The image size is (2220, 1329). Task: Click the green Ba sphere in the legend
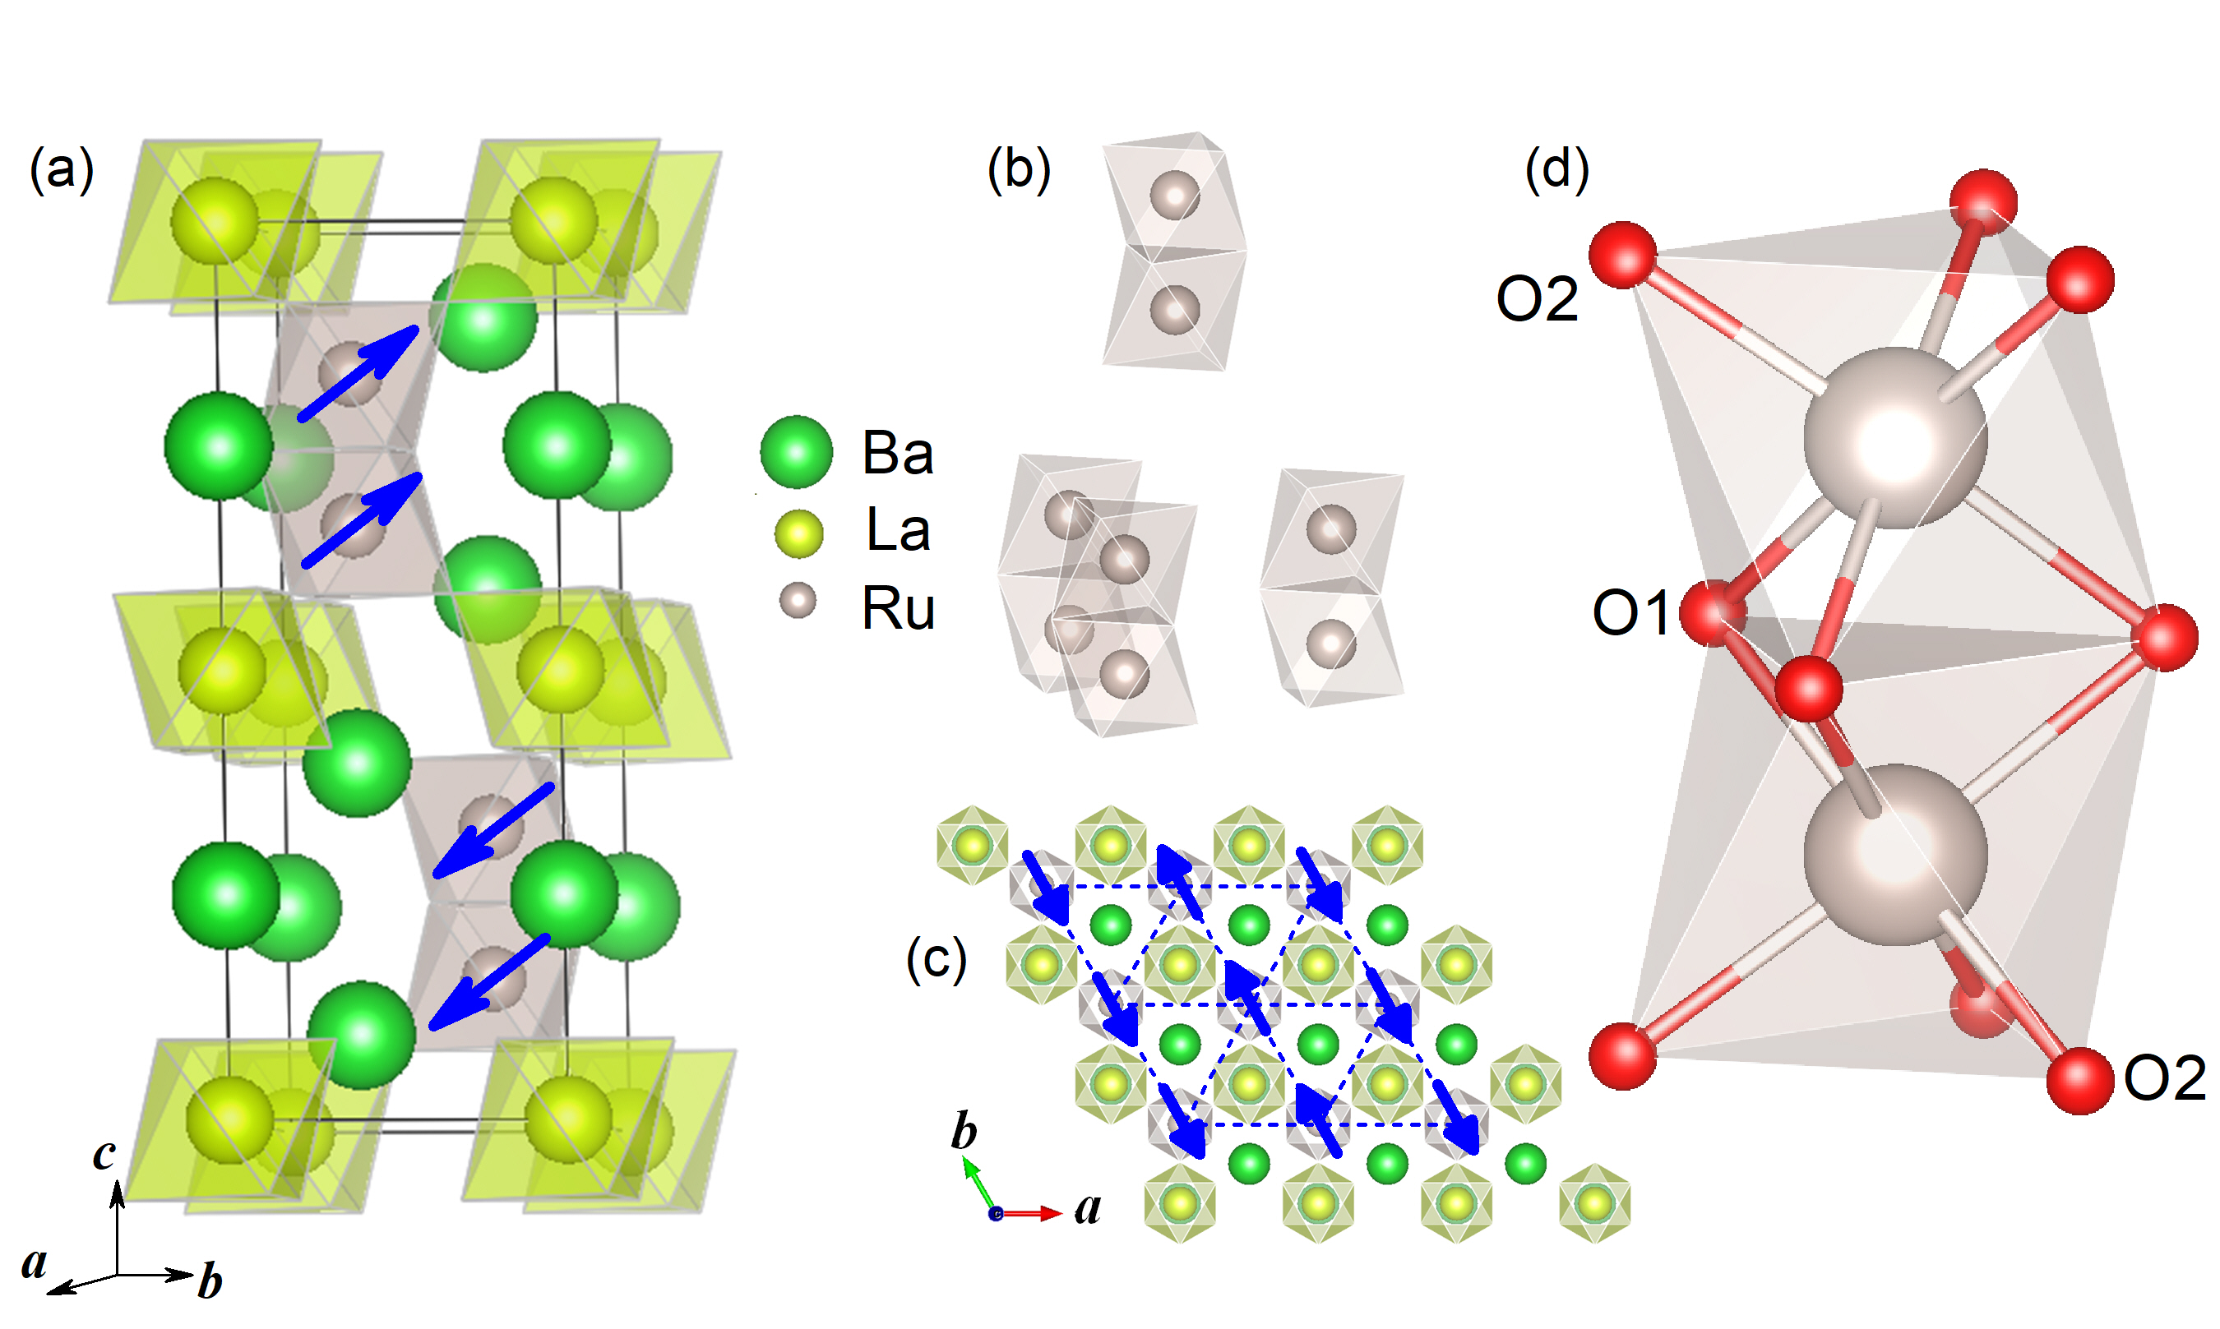[x=796, y=451]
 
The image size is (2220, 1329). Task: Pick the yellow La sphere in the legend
[x=798, y=533]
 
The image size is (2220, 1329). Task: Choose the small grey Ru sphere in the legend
[x=798, y=600]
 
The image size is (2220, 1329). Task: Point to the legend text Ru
[x=898, y=608]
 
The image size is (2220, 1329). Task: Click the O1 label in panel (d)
[x=1630, y=613]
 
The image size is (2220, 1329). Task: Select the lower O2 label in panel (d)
[x=2164, y=1078]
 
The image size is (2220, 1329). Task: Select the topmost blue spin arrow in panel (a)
[x=358, y=373]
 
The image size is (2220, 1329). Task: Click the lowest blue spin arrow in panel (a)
[x=489, y=982]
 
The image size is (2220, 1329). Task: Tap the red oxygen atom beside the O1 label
[x=1712, y=613]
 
